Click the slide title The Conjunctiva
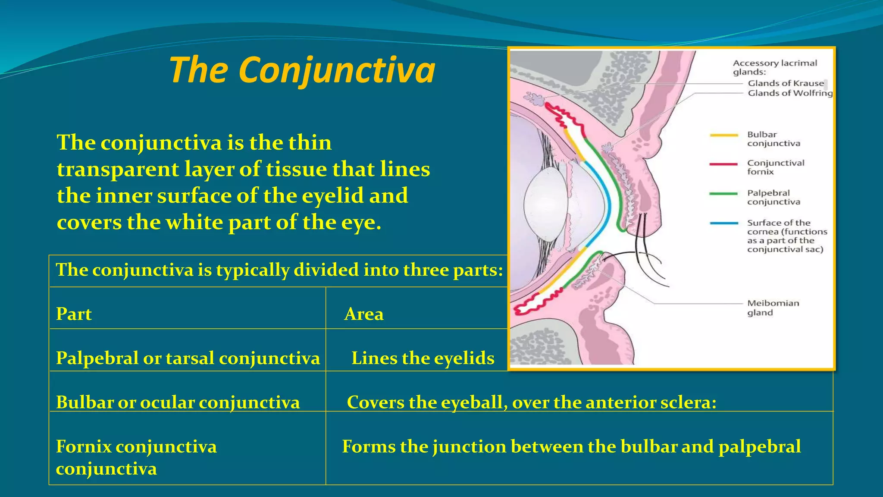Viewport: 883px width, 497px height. tap(302, 70)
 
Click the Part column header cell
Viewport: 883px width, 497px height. tap(74, 314)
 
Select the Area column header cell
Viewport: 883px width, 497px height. tap(363, 314)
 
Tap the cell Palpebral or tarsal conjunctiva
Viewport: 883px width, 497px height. tap(188, 358)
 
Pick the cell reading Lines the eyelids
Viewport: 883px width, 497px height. tap(423, 358)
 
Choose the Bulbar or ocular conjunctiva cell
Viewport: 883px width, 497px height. tap(178, 402)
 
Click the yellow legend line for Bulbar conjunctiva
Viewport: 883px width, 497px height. tap(724, 135)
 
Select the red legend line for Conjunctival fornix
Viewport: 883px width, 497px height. tap(724, 164)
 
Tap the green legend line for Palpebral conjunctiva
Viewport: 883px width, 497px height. tap(724, 194)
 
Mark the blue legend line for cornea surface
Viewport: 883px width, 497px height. tap(724, 223)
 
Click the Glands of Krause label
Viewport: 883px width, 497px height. tap(786, 83)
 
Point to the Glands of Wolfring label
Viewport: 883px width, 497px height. tap(790, 93)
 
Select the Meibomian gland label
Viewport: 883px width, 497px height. tap(773, 308)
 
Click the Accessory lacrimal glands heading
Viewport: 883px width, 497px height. tap(775, 67)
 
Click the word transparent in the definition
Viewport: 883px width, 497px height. tap(117, 169)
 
